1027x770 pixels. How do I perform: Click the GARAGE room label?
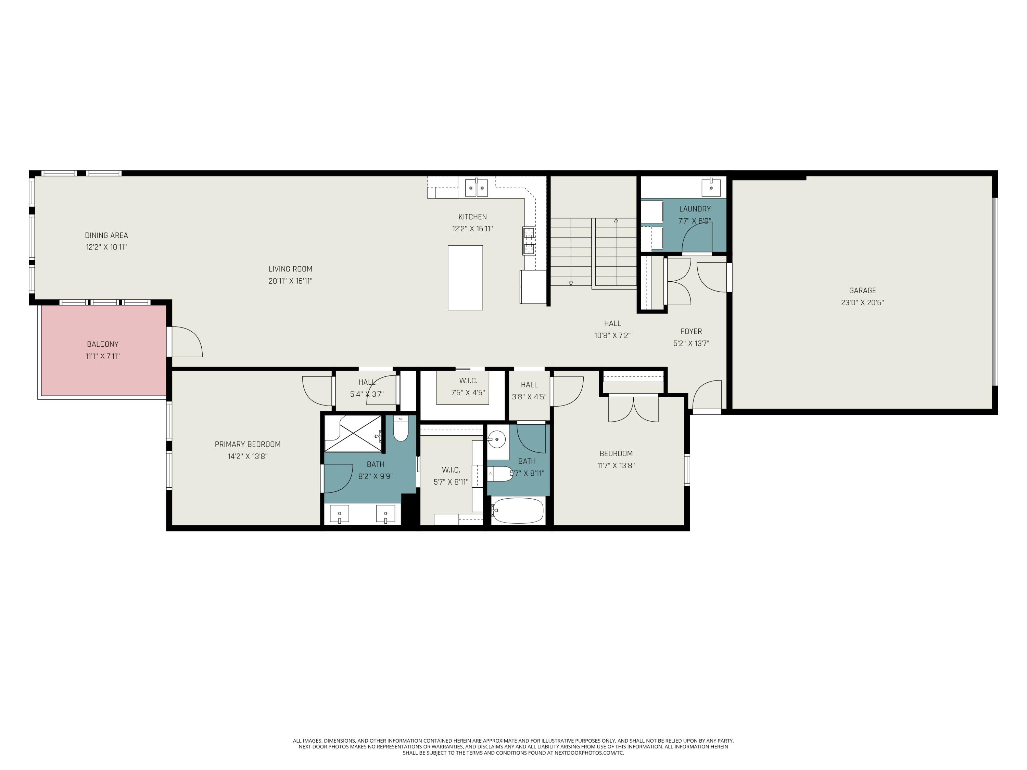coord(862,291)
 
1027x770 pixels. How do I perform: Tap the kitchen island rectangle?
coord(465,278)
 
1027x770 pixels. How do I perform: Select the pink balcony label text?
coord(103,344)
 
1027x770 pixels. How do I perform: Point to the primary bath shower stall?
coord(354,434)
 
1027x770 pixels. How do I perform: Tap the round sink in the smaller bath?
coord(497,438)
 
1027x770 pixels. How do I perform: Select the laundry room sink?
coord(711,187)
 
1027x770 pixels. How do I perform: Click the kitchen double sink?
coord(477,188)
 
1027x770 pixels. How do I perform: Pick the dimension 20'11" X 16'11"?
coord(290,281)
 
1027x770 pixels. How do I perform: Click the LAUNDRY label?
coord(695,209)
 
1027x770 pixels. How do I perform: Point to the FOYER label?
coord(691,331)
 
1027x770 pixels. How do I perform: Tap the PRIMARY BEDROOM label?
coord(248,444)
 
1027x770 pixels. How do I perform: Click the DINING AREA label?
coord(106,235)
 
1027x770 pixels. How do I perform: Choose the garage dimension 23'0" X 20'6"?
coord(862,303)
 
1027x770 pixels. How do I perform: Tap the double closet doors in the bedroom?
coord(633,408)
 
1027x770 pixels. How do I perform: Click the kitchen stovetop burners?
coord(529,241)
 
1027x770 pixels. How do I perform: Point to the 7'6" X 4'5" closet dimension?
coord(468,393)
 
